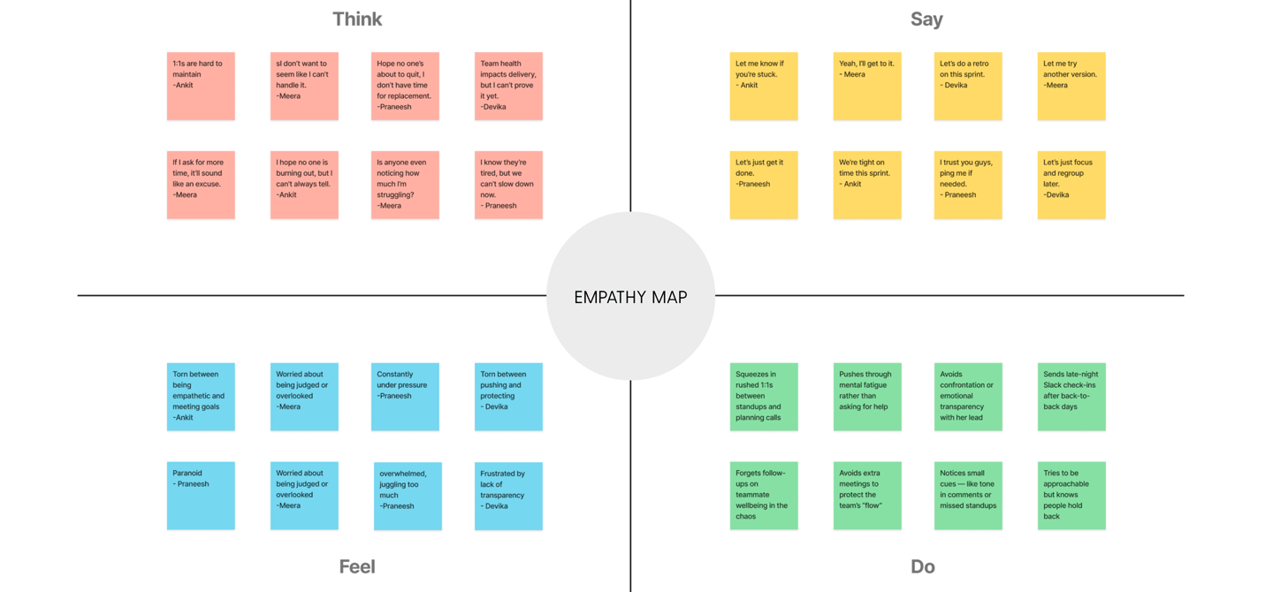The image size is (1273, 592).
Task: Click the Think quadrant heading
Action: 357,19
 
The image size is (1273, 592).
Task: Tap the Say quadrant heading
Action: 926,19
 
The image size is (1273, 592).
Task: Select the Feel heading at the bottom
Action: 357,566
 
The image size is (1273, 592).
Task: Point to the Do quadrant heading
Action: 922,566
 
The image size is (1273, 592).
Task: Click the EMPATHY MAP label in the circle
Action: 630,298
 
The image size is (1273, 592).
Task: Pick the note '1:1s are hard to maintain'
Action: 201,86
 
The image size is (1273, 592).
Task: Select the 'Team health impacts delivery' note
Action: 508,86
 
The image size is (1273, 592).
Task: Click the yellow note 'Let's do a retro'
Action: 968,86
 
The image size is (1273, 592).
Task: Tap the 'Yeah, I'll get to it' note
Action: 867,86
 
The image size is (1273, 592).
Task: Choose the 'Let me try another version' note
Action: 1071,86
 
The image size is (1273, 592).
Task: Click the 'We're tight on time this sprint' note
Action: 867,185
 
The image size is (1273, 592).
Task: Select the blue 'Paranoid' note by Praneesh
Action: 201,496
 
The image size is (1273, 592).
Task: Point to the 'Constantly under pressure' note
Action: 405,397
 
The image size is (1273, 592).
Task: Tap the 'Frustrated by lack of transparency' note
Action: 508,496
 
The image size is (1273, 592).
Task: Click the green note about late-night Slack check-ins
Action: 1071,397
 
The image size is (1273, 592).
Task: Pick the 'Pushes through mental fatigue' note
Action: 867,397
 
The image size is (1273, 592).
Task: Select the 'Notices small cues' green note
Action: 968,496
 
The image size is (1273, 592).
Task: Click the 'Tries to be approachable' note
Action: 1071,496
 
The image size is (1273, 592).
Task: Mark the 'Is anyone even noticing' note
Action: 405,185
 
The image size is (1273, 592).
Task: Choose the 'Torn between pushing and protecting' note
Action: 508,397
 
